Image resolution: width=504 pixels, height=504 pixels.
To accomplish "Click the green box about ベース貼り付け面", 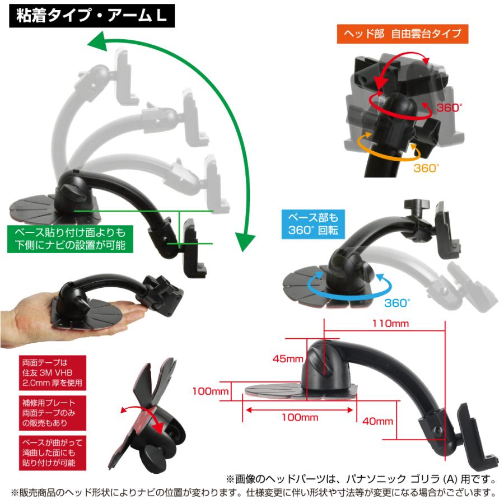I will point(66,237).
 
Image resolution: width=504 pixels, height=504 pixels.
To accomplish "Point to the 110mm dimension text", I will point(391,323).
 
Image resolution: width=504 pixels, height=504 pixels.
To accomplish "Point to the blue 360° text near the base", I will point(398,303).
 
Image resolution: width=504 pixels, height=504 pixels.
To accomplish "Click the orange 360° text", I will point(427,167).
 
